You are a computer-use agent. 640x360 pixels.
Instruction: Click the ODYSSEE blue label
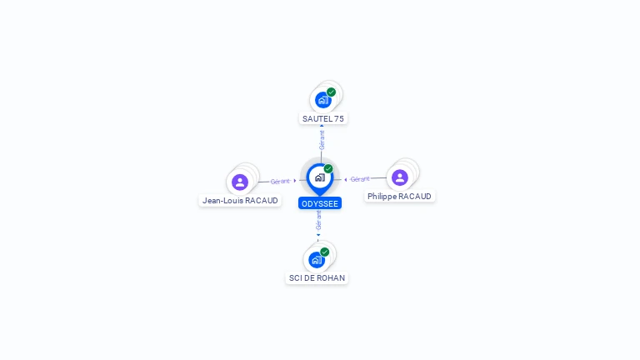[320, 203]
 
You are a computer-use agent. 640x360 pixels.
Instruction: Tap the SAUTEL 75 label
[322, 119]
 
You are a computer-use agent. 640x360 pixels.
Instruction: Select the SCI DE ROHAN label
[317, 278]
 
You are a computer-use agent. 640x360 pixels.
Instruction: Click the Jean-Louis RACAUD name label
[240, 200]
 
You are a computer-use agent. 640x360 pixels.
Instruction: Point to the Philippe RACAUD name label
[399, 197]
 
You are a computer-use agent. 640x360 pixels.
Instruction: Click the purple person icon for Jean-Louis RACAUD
[240, 182]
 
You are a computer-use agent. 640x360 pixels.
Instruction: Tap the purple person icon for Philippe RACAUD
[400, 177]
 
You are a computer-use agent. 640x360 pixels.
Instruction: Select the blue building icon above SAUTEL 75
[322, 100]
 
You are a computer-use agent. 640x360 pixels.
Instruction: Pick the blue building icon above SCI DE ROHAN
[317, 260]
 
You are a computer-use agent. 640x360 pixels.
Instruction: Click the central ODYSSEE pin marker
[320, 178]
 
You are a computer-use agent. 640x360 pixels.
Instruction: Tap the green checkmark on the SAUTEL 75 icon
[331, 92]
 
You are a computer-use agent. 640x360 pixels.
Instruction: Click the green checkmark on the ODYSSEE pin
[328, 168]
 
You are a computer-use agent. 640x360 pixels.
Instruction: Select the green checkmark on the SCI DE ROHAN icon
[324, 252]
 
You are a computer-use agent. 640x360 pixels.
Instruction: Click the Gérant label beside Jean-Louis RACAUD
[280, 181]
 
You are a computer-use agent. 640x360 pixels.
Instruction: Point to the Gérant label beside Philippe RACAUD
[360, 179]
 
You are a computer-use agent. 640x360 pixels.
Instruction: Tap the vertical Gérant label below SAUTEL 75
[322, 140]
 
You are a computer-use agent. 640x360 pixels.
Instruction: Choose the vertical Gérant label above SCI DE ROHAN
[318, 220]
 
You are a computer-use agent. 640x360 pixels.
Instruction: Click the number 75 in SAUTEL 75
[339, 119]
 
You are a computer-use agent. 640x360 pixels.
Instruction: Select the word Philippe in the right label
[382, 197]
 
